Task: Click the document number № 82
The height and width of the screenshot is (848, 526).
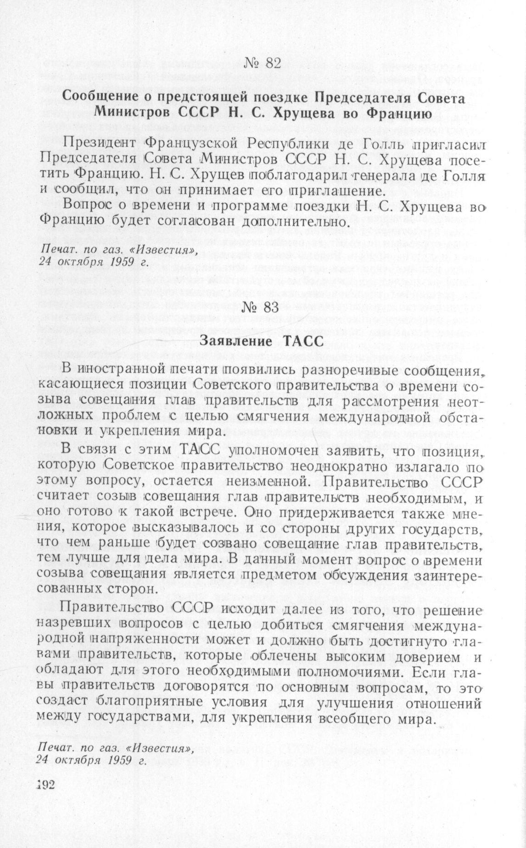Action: click(263, 63)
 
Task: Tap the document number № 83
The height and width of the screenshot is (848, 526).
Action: click(263, 308)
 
